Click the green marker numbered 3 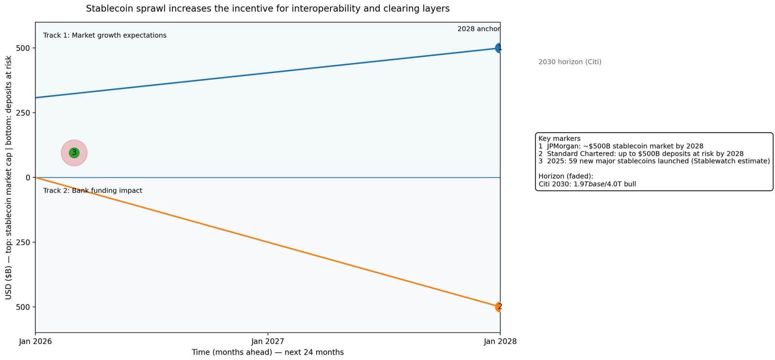74,153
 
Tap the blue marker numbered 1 499,48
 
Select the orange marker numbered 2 499,307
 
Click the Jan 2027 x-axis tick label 267,342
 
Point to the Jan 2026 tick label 35,342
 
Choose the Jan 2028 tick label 500,342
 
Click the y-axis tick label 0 28,178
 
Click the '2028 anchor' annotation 478,29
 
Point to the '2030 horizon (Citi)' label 570,62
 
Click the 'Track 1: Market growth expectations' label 105,35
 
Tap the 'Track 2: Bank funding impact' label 93,190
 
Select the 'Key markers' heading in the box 559,139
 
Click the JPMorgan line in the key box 620,146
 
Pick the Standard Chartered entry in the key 640,154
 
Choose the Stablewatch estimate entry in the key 653,161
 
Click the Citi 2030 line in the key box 587,184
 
